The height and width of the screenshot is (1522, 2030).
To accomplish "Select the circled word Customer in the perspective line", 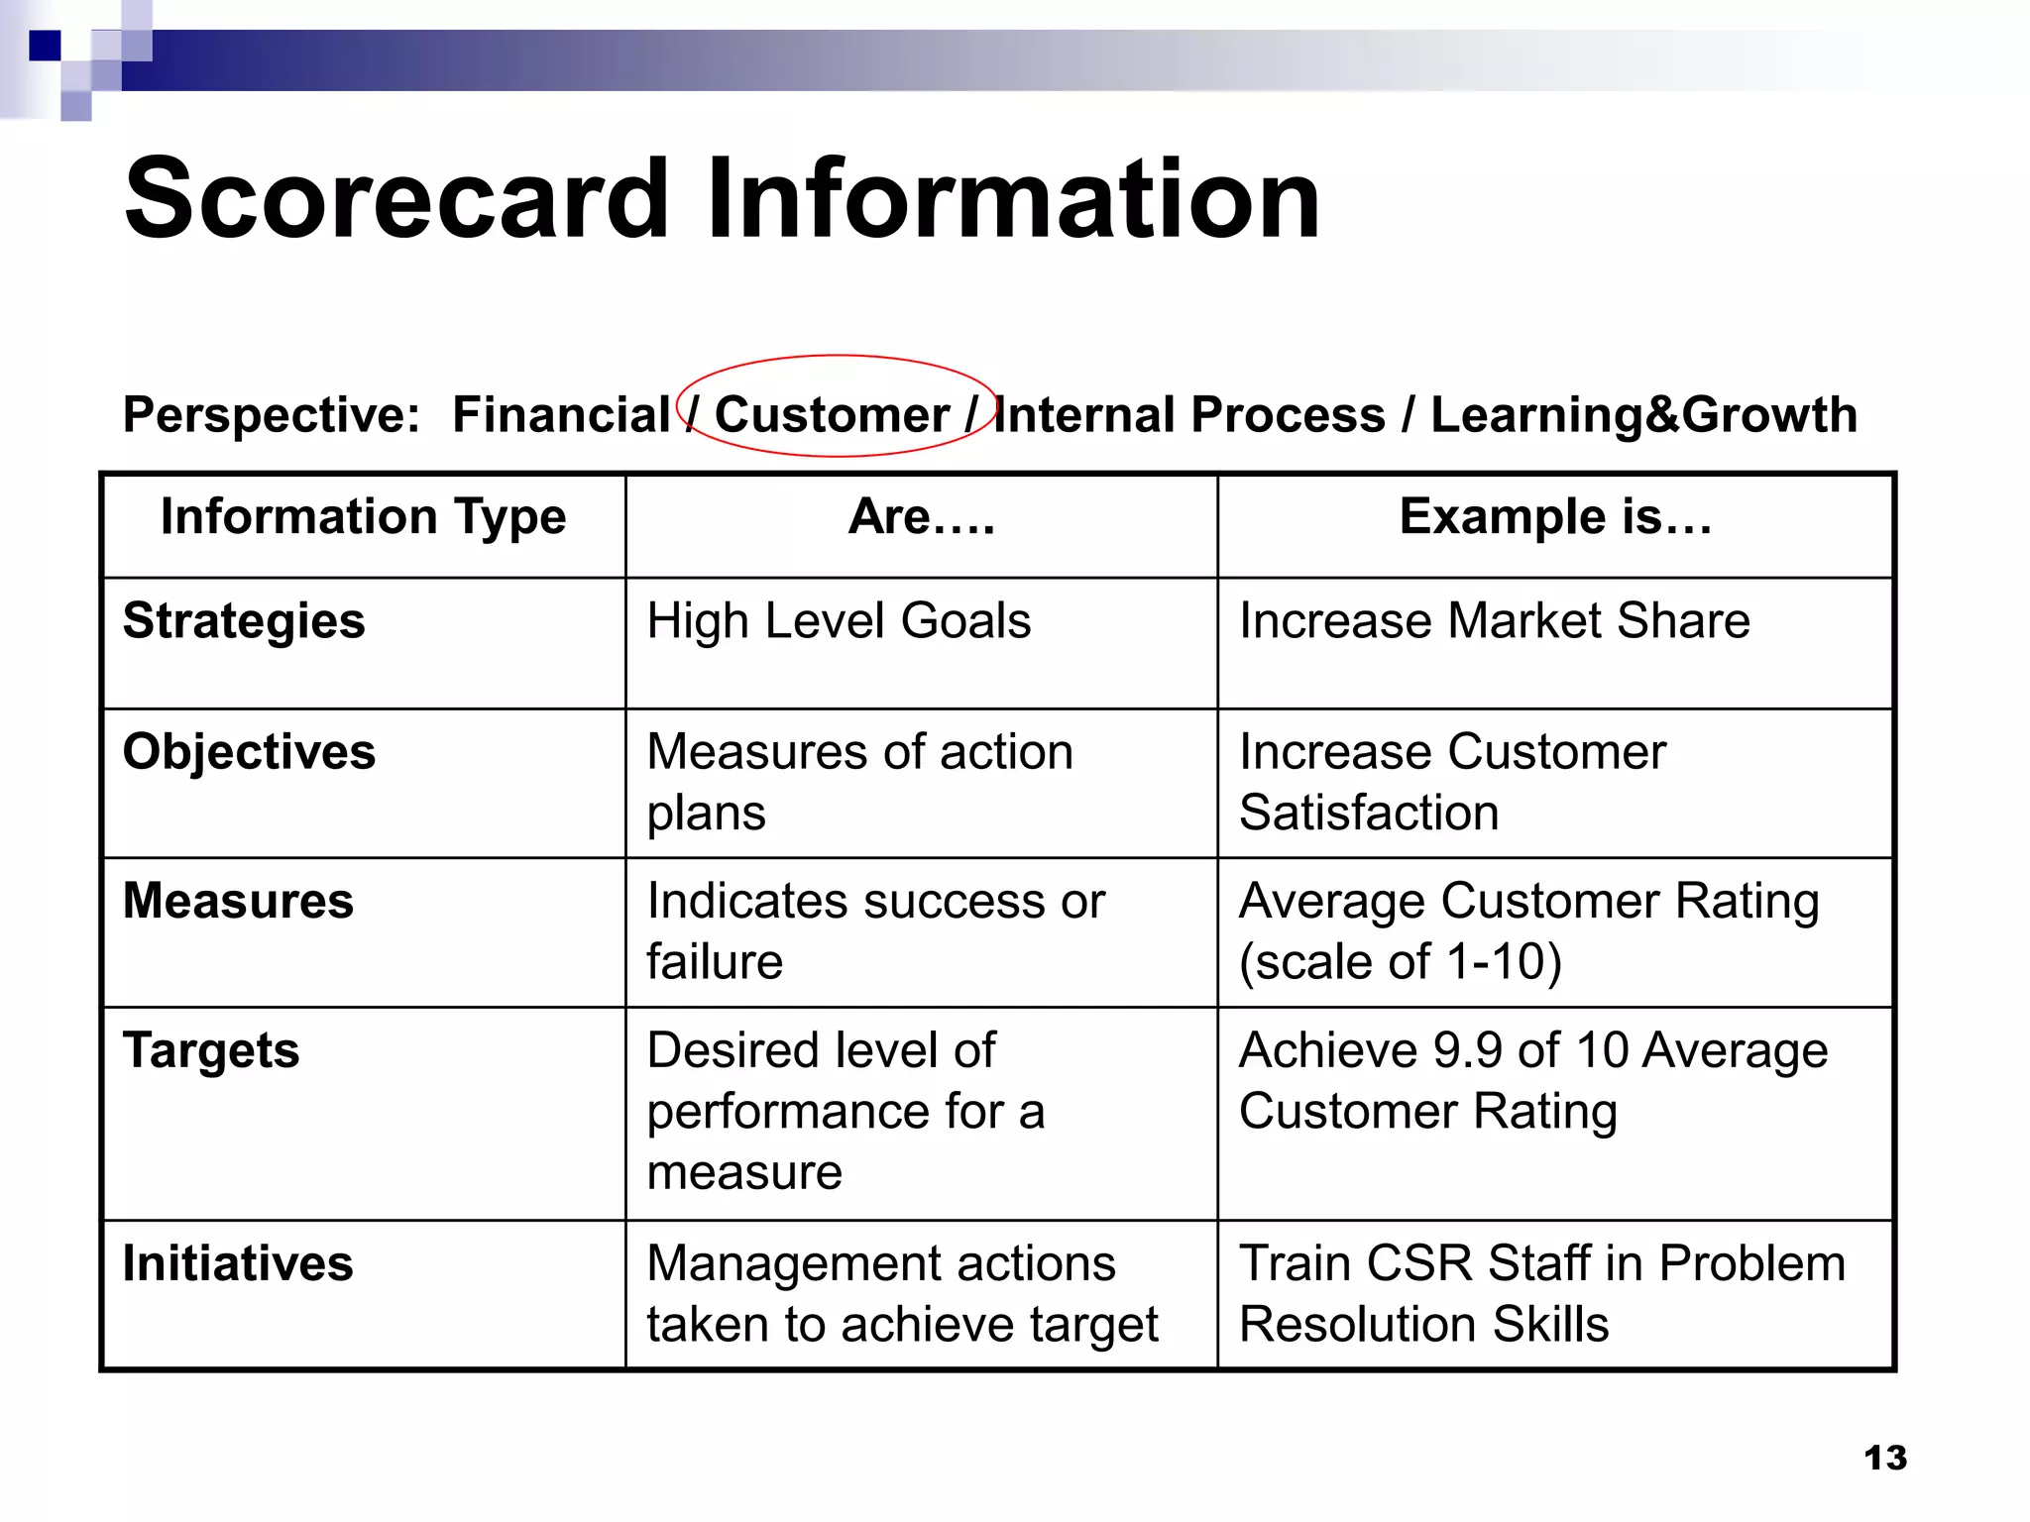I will click(832, 414).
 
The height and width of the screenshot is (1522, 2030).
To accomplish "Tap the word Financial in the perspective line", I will click(561, 414).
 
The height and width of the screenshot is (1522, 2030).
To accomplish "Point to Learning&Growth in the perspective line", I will click(1643, 414).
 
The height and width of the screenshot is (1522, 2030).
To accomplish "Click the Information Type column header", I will click(363, 516).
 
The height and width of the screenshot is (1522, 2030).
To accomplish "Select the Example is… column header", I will click(1555, 516).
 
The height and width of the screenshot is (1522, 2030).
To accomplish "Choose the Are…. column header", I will click(921, 516).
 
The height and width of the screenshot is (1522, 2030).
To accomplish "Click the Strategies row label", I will click(244, 621).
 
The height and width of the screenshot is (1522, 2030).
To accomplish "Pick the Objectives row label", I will click(249, 752).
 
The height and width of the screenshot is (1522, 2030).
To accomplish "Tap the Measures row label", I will click(238, 901).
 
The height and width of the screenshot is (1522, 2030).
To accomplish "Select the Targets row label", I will click(210, 1050).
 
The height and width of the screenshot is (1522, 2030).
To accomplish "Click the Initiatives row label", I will click(238, 1263).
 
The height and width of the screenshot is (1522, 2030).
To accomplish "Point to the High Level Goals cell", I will click(839, 621).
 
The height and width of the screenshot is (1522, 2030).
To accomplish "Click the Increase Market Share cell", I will click(1494, 621).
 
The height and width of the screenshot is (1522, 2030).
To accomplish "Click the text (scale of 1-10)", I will click(1400, 962).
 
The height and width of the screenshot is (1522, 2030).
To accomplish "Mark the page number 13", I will click(1884, 1458).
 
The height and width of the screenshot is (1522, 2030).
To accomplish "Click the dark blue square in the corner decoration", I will click(45, 46).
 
